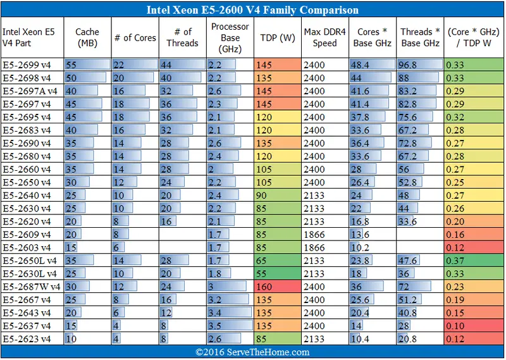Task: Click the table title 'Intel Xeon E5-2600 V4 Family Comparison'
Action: click(x=252, y=10)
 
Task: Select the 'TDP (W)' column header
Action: click(x=277, y=37)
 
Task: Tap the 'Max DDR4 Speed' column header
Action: click(x=324, y=37)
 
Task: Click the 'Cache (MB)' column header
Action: click(x=87, y=37)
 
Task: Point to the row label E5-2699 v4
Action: click(x=28, y=65)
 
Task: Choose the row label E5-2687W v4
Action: click(x=32, y=287)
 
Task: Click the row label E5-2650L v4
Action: click(x=30, y=260)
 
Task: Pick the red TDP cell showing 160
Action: click(x=277, y=287)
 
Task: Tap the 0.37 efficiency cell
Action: click(x=474, y=260)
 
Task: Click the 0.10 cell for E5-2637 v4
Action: click(x=474, y=326)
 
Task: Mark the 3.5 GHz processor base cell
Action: click(x=231, y=326)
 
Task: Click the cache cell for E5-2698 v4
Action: click(x=87, y=77)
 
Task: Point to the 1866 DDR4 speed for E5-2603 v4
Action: click(x=324, y=247)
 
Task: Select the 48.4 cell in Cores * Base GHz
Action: click(x=372, y=65)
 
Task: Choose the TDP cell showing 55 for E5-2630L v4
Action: click(x=277, y=273)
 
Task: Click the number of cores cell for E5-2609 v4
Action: click(x=135, y=234)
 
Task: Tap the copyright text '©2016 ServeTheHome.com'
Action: click(x=252, y=352)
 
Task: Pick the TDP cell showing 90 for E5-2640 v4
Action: click(x=277, y=195)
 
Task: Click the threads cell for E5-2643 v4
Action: click(x=183, y=313)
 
